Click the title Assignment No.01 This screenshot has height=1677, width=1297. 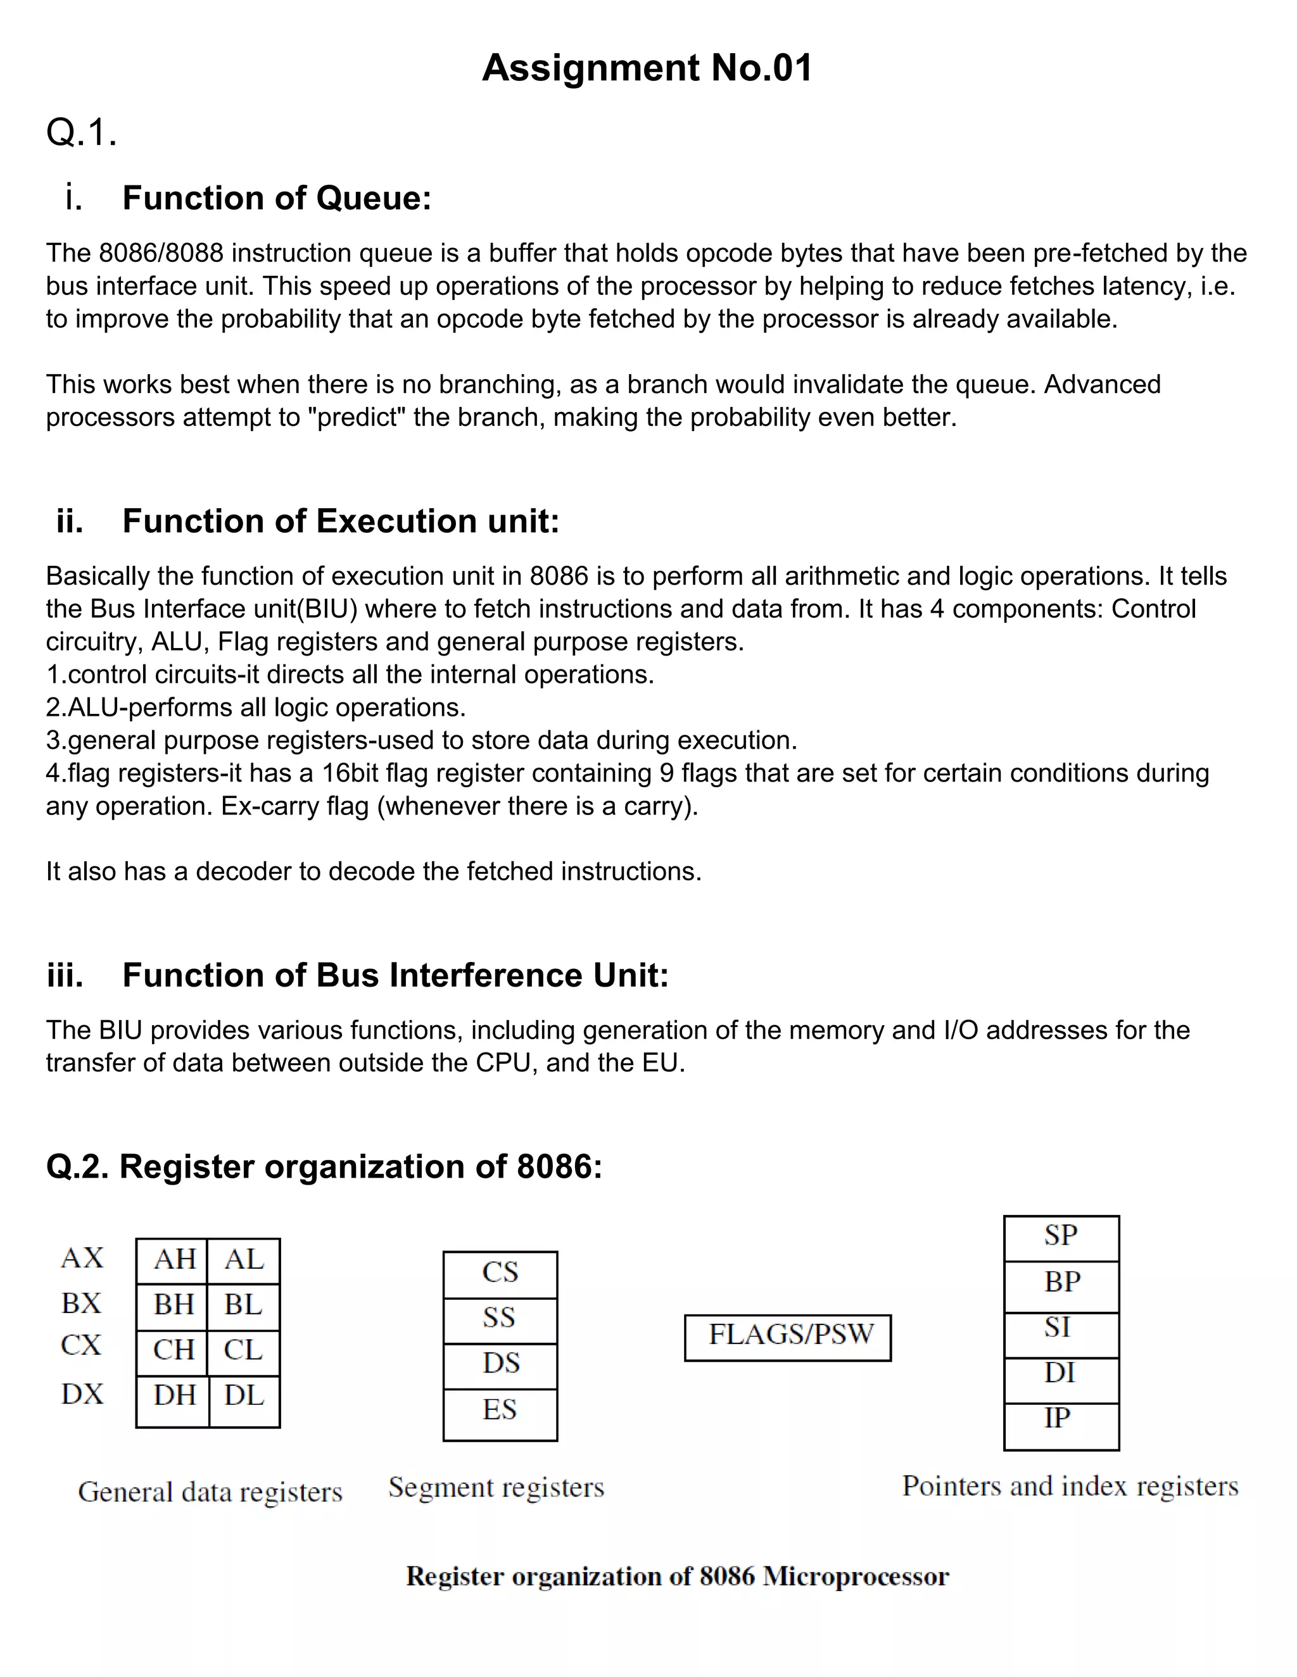[647, 68]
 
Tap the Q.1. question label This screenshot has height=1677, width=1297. [82, 132]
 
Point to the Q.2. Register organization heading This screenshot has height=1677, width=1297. [324, 1166]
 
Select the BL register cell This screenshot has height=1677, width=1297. [244, 1305]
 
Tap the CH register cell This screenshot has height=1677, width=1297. [174, 1349]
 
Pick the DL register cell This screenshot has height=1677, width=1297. [244, 1395]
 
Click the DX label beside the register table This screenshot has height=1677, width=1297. [82, 1393]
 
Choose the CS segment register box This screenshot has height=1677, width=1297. [500, 1273]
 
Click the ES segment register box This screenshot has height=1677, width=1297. [500, 1410]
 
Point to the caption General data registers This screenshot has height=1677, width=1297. [210, 1492]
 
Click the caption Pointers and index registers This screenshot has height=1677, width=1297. [1070, 1486]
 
